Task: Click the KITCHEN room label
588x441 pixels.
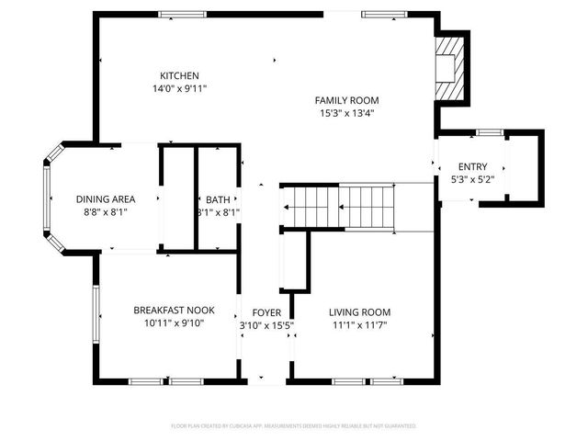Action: click(x=179, y=75)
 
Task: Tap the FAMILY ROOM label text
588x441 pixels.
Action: click(x=346, y=100)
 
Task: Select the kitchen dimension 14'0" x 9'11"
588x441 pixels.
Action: click(x=179, y=88)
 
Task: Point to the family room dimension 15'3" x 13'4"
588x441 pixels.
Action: click(x=346, y=113)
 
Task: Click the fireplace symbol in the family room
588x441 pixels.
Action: click(x=449, y=68)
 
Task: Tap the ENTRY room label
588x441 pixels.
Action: click(x=473, y=166)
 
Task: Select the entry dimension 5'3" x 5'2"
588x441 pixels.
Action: click(x=473, y=179)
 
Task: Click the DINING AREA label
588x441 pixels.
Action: click(x=106, y=198)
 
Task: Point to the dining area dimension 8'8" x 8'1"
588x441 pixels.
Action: click(x=106, y=211)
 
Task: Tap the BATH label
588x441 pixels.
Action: click(x=218, y=199)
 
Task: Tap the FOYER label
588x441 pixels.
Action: click(x=266, y=311)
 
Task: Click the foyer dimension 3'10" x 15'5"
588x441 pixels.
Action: click(x=266, y=324)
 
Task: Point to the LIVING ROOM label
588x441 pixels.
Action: click(x=360, y=311)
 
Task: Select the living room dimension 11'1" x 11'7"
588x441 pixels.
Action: click(x=360, y=324)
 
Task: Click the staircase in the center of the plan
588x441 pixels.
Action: click(x=340, y=208)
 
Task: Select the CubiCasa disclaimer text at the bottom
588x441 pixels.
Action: click(x=294, y=426)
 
